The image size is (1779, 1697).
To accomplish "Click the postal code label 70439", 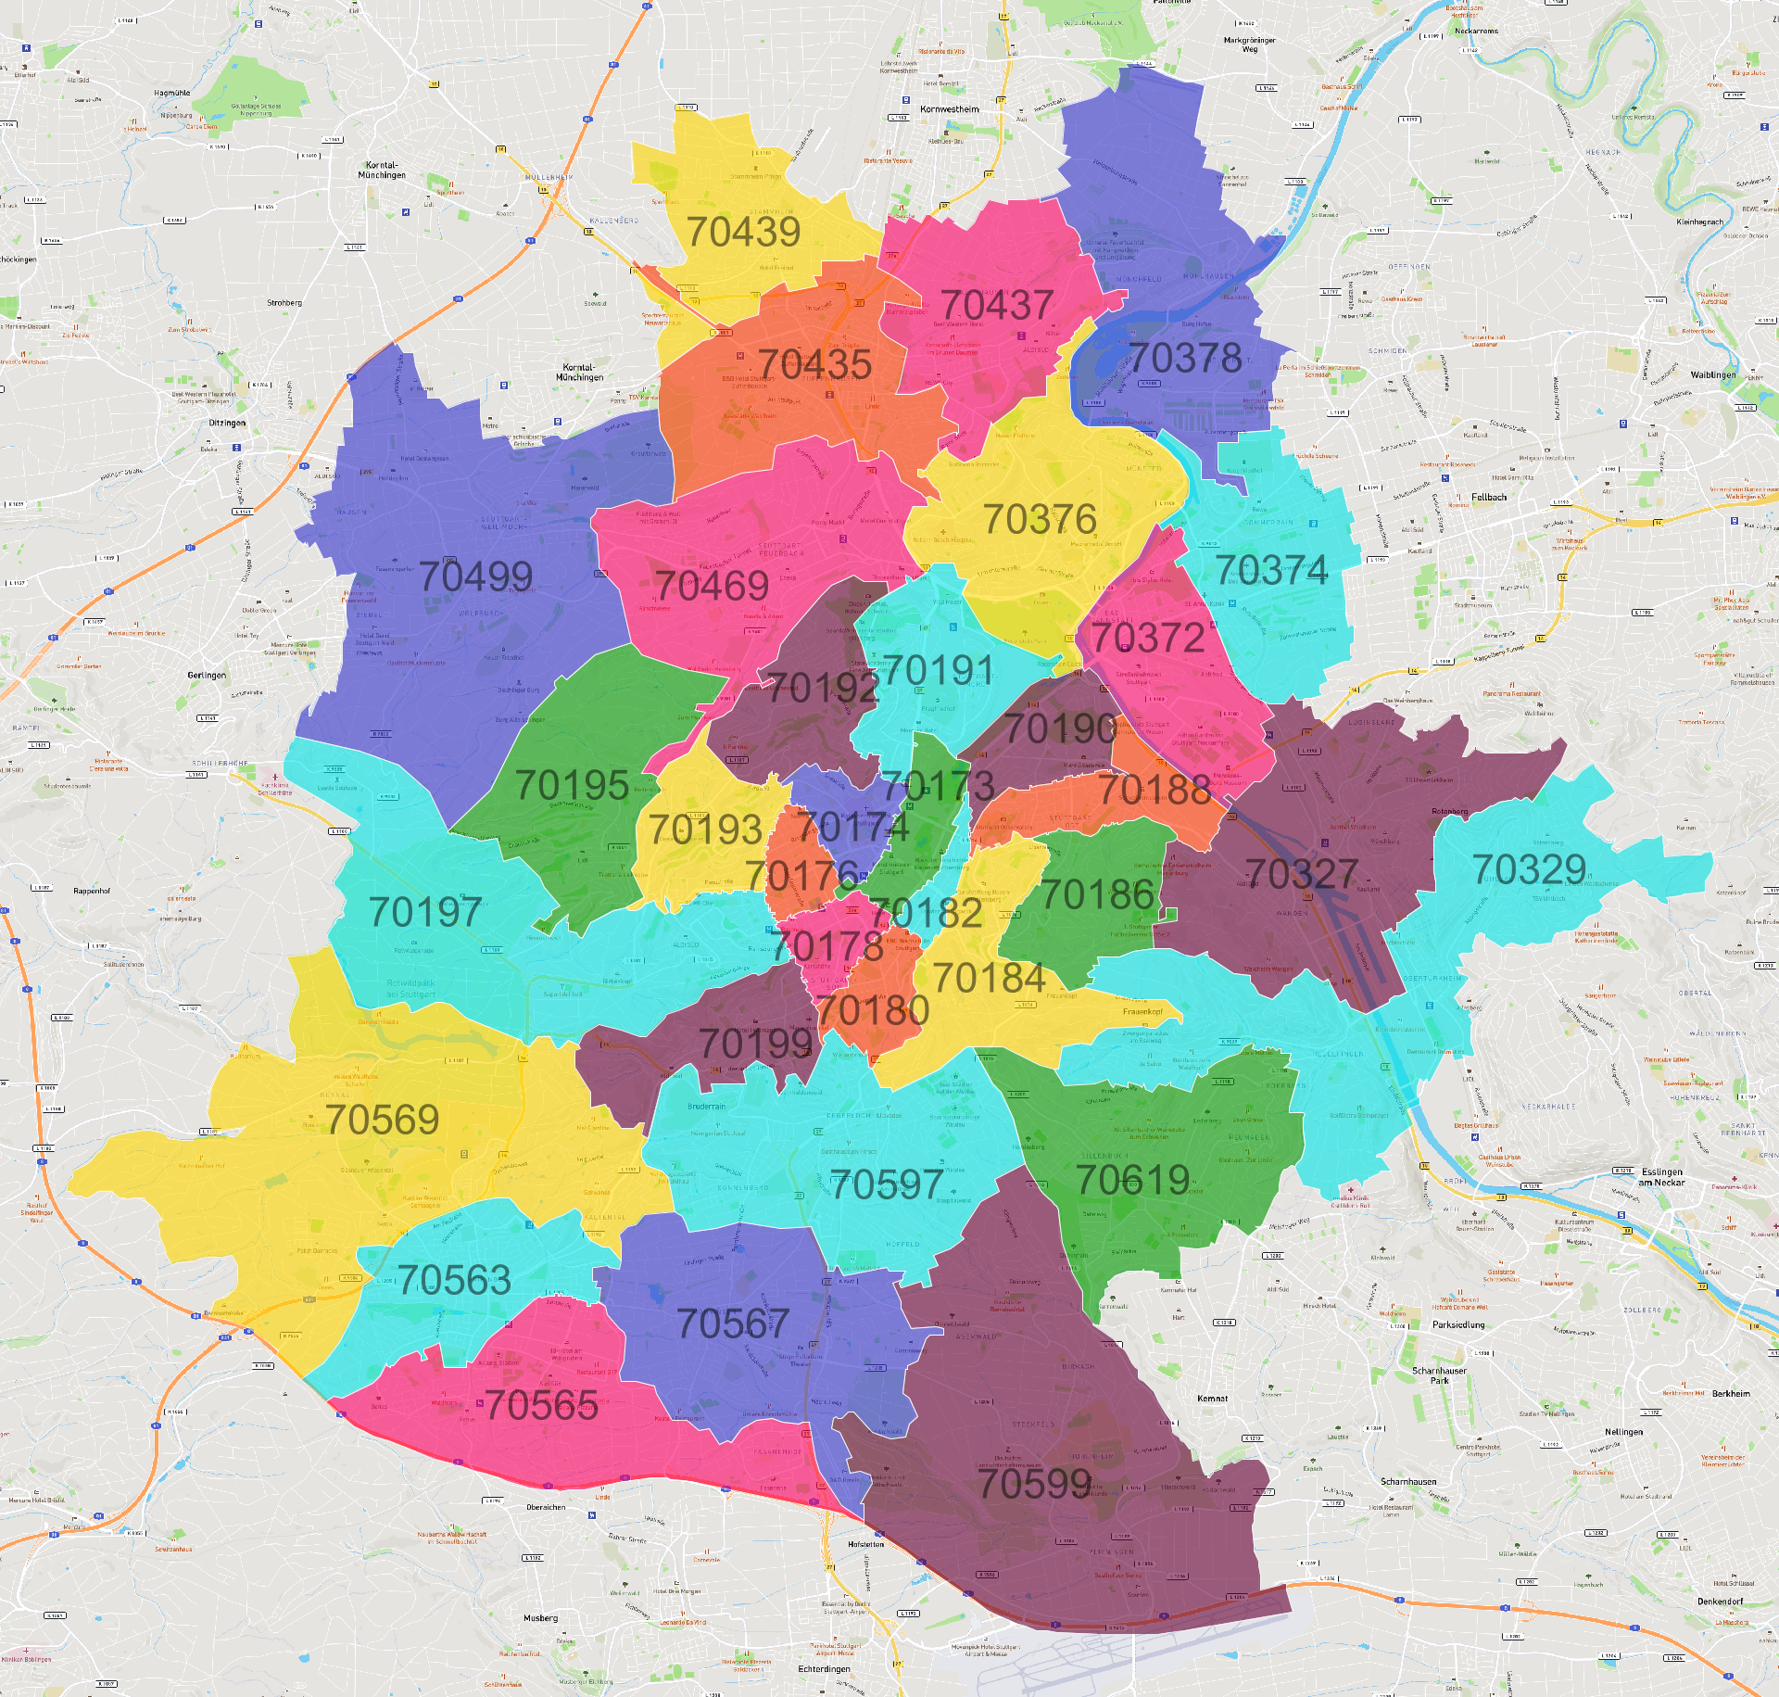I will pyautogui.click(x=743, y=232).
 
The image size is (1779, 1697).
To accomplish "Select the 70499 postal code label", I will pyautogui.click(x=475, y=576).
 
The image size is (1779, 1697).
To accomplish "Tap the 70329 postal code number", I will pyautogui.click(x=1530, y=869).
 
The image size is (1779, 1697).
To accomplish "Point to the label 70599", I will pyautogui.click(x=1035, y=1484).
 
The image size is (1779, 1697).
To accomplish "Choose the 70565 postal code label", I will pyautogui.click(x=541, y=1405).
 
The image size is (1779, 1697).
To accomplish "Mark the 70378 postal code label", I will pyautogui.click(x=1185, y=358).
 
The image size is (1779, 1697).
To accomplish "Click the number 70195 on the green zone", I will pyautogui.click(x=572, y=785).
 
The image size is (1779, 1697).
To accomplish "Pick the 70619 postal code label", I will pyautogui.click(x=1132, y=1180).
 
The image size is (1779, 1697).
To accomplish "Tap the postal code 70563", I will pyautogui.click(x=454, y=1281).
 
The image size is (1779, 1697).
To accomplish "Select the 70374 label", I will pyautogui.click(x=1271, y=570).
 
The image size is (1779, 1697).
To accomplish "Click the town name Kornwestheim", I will pyautogui.click(x=949, y=109).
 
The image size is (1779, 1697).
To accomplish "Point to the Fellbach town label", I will pyautogui.click(x=1489, y=497).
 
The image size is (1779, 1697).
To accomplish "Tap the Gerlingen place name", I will pyautogui.click(x=207, y=675).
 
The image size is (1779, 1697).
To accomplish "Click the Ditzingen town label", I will pyautogui.click(x=227, y=423).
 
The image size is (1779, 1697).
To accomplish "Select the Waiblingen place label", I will pyautogui.click(x=1713, y=374).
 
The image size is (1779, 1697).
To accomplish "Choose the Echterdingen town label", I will pyautogui.click(x=824, y=1668).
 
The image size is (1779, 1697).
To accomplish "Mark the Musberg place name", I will pyautogui.click(x=540, y=1617).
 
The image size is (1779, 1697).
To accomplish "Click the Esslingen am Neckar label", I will pyautogui.click(x=1661, y=1177).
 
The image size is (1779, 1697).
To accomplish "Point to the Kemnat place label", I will pyautogui.click(x=1212, y=1399).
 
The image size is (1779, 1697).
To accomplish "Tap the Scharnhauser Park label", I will pyautogui.click(x=1439, y=1375).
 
